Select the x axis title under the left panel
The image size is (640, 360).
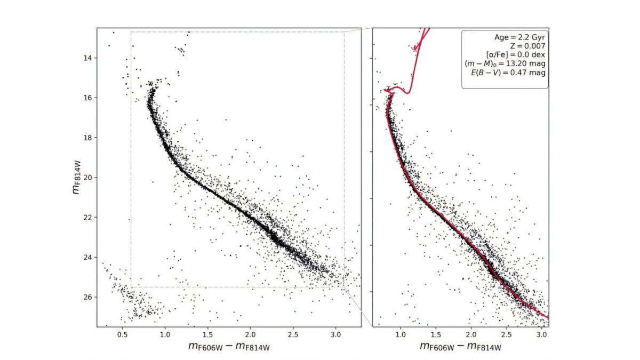[229, 348]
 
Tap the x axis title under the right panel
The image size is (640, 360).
[460, 348]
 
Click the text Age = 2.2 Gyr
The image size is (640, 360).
[521, 37]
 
